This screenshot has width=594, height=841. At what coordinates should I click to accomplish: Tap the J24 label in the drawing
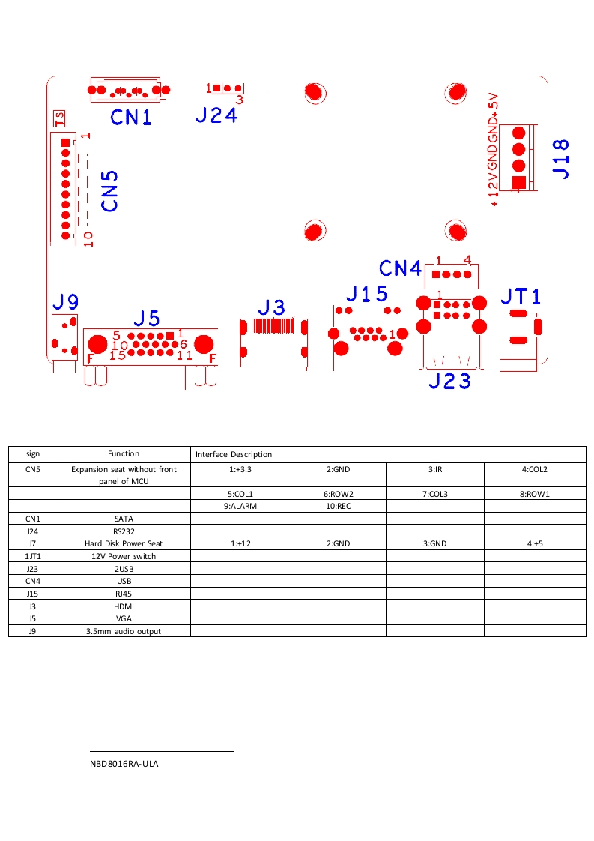click(216, 115)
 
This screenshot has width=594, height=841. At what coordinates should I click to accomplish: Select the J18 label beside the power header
click(560, 158)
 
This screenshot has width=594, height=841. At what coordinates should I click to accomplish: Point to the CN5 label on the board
click(109, 191)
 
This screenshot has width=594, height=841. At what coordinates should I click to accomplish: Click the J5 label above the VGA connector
click(147, 318)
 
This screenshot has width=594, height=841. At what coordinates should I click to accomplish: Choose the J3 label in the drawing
click(272, 307)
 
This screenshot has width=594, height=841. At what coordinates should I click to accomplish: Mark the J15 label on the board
click(367, 294)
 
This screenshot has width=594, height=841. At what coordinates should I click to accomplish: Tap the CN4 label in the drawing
click(401, 268)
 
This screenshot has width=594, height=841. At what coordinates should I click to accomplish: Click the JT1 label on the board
click(520, 296)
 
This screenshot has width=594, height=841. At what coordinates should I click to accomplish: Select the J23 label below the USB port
click(449, 381)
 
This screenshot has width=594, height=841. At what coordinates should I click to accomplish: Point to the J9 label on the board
click(65, 302)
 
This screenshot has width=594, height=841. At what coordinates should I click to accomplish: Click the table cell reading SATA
click(124, 518)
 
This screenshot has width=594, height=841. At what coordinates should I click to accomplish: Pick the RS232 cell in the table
click(124, 531)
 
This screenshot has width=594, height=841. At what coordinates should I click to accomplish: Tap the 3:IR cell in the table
click(435, 470)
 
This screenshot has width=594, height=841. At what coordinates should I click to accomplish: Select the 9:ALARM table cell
click(240, 506)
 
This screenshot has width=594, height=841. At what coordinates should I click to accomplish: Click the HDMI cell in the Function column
click(124, 606)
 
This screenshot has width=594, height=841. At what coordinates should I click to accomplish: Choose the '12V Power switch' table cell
click(124, 556)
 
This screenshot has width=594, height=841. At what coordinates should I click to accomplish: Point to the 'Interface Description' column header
click(234, 454)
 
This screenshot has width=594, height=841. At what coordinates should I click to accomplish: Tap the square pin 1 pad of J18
click(518, 183)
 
